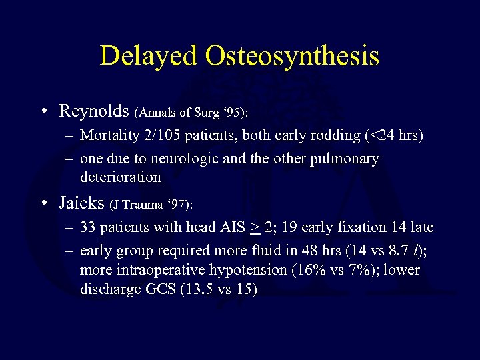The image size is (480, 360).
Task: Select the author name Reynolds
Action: (94, 109)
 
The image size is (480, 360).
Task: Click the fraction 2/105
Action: (160, 135)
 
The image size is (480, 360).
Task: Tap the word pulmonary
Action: (346, 159)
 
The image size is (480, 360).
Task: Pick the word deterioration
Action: (121, 177)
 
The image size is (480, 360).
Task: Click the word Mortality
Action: (107, 135)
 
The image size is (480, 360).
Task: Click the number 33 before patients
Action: (87, 227)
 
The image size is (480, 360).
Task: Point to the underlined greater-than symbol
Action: (255, 228)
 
